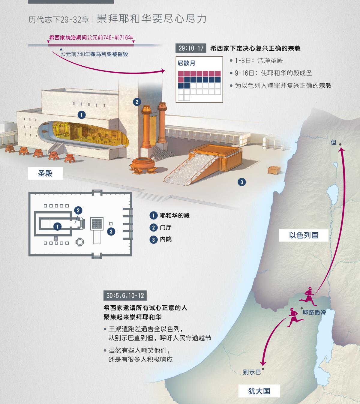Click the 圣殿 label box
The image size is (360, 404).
coord(45,173)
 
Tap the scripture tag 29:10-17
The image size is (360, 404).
coord(191,48)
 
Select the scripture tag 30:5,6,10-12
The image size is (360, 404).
coord(125,295)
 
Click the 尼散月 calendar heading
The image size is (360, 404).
coord(186,63)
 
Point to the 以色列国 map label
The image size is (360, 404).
coord(304,235)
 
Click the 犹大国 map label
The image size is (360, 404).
coord(259,391)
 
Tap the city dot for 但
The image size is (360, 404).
coord(340,145)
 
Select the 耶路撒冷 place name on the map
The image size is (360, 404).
coord(314,313)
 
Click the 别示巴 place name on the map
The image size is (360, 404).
coord(252,372)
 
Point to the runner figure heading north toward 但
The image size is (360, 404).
coord(308,295)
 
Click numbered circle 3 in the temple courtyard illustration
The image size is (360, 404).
coord(241,182)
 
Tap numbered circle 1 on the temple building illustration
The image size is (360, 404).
coord(81,115)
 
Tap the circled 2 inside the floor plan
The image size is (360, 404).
coord(78,210)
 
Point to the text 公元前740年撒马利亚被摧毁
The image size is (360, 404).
coord(94,54)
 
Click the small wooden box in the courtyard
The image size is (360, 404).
coord(274,170)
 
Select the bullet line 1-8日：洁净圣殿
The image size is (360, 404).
coord(258,61)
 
